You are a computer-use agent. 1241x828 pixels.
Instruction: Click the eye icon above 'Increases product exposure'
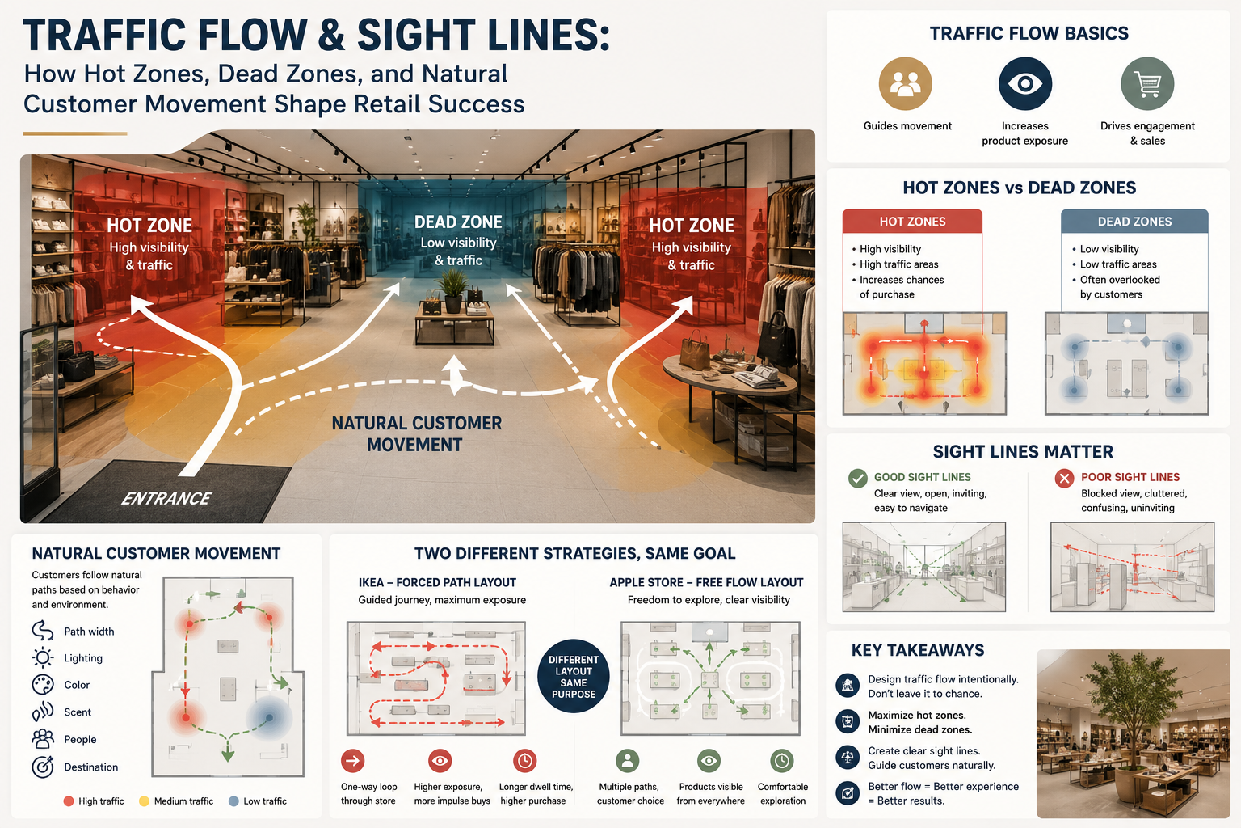1025,84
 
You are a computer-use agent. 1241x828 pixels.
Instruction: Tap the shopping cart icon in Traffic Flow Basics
1147,84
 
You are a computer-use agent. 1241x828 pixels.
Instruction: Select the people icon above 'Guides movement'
905,84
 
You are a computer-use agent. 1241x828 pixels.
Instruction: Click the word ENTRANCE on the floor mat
166,499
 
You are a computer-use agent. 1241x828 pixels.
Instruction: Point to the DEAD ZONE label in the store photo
458,222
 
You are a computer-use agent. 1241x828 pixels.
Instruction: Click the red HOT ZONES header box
912,222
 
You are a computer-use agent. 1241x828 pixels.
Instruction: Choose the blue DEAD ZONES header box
1134,222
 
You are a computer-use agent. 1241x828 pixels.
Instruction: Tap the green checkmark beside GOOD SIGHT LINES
857,478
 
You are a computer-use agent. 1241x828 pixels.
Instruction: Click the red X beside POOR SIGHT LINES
1064,478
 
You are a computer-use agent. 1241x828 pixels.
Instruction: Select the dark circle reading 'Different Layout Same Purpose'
574,676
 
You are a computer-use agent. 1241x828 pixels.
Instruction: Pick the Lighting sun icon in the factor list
43,657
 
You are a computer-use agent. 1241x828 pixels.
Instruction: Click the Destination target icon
43,767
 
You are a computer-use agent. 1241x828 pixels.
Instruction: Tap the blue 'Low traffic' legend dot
233,801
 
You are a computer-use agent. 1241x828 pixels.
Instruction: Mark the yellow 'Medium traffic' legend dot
144,801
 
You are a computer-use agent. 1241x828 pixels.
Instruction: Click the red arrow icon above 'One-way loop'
353,761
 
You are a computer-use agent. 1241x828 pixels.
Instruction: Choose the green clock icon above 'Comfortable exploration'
782,761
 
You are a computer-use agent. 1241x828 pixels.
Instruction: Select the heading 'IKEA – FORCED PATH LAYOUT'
437,582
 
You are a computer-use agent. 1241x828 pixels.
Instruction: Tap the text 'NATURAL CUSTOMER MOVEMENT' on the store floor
416,433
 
